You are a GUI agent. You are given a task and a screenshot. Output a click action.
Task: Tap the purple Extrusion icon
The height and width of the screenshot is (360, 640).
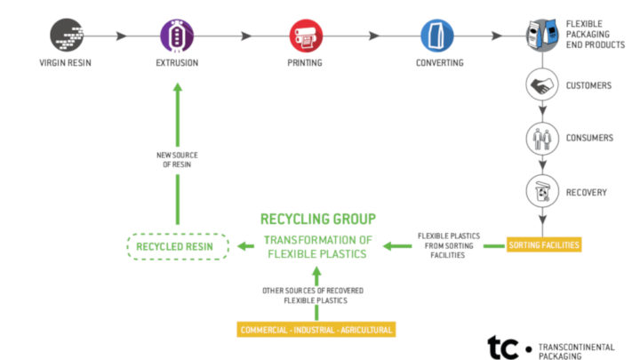click(176, 36)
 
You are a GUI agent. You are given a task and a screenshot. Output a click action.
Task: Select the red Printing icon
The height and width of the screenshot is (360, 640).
click(304, 36)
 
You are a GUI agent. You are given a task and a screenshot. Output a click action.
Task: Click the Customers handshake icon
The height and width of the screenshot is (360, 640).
click(541, 86)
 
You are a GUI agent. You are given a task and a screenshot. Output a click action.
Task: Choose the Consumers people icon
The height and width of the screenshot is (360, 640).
click(541, 139)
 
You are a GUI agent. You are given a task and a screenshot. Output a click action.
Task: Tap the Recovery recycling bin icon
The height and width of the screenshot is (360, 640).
click(541, 190)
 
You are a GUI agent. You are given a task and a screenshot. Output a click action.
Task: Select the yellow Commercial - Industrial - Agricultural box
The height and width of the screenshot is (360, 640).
click(316, 330)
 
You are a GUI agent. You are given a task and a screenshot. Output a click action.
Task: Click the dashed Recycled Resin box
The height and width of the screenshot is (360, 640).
click(176, 244)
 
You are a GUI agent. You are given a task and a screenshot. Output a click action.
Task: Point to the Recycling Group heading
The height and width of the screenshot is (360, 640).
click(318, 219)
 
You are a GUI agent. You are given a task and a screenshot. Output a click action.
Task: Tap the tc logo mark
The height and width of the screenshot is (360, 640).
click(504, 346)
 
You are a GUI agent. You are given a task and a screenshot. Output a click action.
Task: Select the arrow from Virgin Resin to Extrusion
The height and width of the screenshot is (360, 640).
click(120, 36)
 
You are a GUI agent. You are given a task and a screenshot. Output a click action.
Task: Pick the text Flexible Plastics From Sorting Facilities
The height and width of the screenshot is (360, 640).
click(449, 244)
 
